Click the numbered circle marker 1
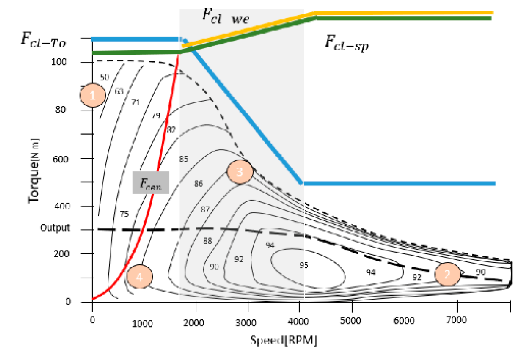click(93, 95)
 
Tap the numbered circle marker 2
click(447, 274)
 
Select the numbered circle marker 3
click(240, 172)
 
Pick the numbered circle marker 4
click(139, 277)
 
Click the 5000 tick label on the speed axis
click(350, 321)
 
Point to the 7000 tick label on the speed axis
click(456, 320)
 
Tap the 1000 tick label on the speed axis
click(142, 324)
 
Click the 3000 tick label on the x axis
click(246, 323)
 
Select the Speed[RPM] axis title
click(284, 340)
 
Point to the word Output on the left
click(55, 228)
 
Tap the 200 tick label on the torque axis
click(61, 253)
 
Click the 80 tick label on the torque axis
click(60, 110)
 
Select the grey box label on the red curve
click(151, 183)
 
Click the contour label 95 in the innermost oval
click(304, 265)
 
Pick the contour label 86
click(198, 184)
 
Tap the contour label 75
click(124, 214)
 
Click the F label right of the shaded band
click(346, 42)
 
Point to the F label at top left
click(43, 39)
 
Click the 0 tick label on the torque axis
click(68, 301)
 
